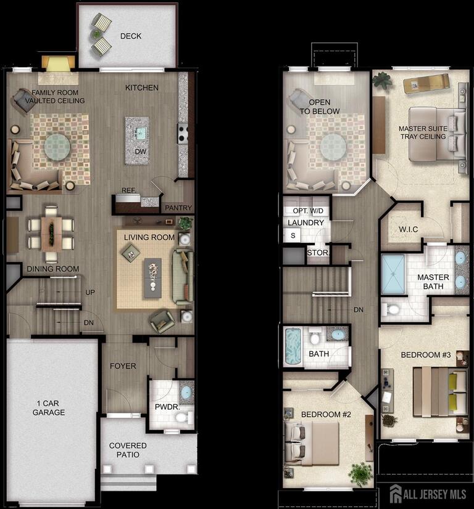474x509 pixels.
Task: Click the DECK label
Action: [130, 36]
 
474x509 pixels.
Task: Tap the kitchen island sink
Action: [141, 132]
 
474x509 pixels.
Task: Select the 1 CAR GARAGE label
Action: [49, 408]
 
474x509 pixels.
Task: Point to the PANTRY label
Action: [178, 208]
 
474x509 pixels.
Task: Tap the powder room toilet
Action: [181, 417]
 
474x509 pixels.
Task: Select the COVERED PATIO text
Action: [128, 450]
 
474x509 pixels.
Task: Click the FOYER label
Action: [123, 366]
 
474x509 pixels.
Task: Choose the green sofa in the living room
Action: [183, 277]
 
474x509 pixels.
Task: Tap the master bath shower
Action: [393, 274]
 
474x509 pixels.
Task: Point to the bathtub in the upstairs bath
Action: [293, 347]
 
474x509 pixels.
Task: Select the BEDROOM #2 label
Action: [326, 415]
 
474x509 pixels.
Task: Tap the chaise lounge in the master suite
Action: [426, 82]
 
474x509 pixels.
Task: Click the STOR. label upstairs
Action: [318, 253]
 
